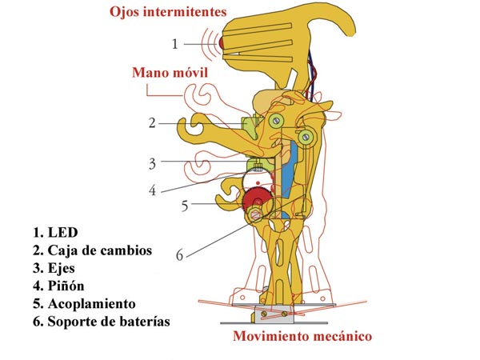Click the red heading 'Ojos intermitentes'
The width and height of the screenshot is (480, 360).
point(168,12)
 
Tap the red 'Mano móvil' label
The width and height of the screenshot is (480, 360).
point(170,73)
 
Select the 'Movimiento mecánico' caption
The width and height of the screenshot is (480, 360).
point(302,336)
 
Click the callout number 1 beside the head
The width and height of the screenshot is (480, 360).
point(174,44)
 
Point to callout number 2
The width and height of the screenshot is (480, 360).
point(152,123)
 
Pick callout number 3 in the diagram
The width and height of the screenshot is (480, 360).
point(153,163)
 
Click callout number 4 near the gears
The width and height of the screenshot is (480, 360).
point(153,190)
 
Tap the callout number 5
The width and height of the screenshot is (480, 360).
point(185,206)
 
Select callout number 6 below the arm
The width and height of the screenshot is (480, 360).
point(180,254)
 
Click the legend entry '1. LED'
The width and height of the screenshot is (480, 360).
point(55,232)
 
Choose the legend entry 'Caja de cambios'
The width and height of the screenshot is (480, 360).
point(100,250)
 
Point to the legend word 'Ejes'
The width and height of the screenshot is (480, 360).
point(62,269)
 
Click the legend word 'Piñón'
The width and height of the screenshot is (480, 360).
point(66,286)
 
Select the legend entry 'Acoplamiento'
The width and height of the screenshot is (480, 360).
point(91,304)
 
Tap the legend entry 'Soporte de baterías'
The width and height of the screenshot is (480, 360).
point(109,322)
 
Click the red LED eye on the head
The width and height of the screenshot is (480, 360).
point(222,43)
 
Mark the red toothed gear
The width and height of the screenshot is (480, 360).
point(258,199)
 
